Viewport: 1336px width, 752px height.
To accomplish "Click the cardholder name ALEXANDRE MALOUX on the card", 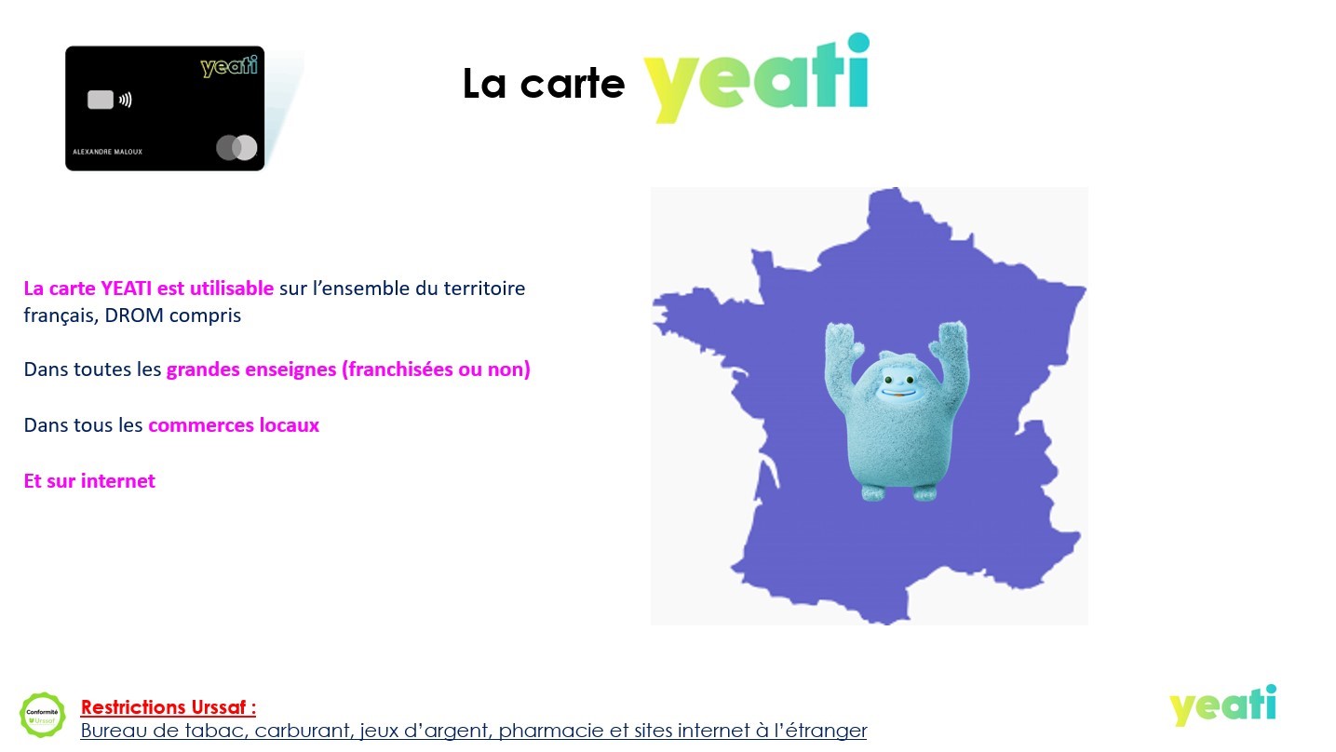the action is (x=107, y=152).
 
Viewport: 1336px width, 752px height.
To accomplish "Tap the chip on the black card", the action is (x=101, y=100).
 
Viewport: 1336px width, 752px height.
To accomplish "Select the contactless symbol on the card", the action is (x=125, y=100).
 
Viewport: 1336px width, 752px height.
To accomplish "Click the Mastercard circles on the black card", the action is (x=236, y=148).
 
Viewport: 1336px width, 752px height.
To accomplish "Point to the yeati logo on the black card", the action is (x=229, y=66).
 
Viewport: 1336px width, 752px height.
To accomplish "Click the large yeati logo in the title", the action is (x=756, y=77).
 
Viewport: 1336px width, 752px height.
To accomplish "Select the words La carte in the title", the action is (x=544, y=84).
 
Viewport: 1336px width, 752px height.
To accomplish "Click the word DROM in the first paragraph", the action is (x=134, y=315).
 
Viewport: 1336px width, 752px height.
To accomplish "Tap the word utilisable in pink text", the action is (x=232, y=288).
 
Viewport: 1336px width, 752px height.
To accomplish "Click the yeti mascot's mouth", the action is (x=897, y=393).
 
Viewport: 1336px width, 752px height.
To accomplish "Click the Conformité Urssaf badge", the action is (x=42, y=715).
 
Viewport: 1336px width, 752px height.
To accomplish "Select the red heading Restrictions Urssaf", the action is (x=169, y=707).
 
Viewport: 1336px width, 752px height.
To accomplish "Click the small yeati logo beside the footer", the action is (x=1222, y=705).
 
